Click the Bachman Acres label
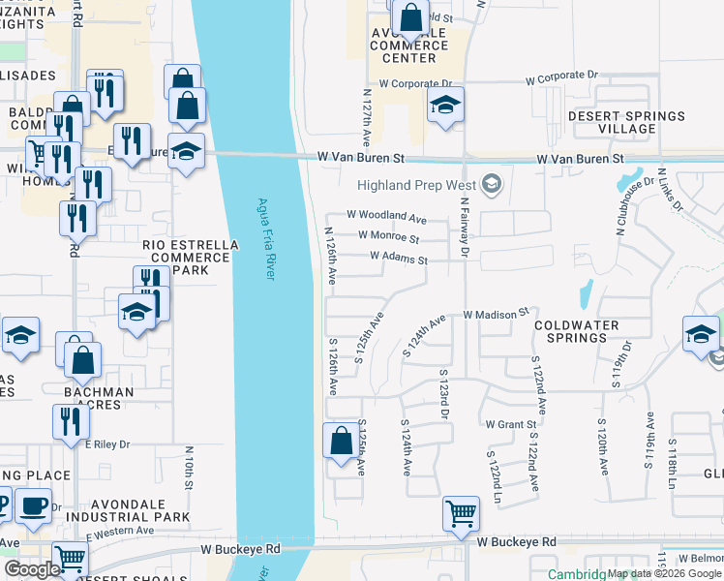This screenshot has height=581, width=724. (x=99, y=398)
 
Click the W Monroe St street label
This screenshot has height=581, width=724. (x=388, y=238)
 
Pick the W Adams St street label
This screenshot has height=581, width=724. (x=399, y=259)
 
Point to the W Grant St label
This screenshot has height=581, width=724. (x=511, y=424)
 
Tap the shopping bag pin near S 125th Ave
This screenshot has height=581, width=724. (x=340, y=440)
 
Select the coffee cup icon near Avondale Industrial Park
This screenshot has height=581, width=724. (x=34, y=505)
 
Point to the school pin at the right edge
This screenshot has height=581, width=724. (x=700, y=334)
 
